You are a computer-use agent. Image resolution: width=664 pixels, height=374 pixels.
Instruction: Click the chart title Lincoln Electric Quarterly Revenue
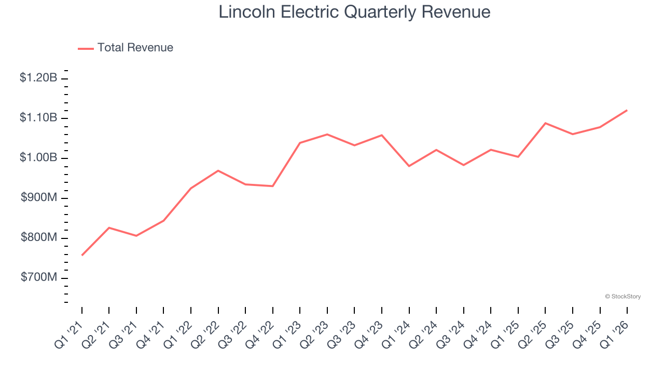coord(354,11)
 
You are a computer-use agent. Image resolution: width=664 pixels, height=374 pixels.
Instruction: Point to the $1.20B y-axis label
coord(38,78)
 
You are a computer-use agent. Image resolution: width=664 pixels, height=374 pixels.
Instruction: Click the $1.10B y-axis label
coord(38,118)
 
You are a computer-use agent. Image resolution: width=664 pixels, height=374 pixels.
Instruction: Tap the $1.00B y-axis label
coord(38,158)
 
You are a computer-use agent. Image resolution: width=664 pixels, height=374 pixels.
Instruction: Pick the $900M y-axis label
coord(39,198)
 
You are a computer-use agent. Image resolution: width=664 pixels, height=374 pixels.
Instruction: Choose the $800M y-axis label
coord(39,238)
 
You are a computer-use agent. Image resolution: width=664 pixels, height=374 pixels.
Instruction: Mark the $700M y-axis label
coord(39,278)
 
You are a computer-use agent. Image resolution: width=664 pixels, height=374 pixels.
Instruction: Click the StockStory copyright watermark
coord(622,297)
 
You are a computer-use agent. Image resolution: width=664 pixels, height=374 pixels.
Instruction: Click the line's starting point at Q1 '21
coord(82,255)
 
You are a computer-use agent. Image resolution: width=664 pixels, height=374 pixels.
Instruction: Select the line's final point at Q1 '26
coord(627,110)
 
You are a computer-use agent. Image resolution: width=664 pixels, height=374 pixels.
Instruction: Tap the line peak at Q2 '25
coord(545,123)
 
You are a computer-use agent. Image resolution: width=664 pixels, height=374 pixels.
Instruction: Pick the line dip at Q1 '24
coord(409,166)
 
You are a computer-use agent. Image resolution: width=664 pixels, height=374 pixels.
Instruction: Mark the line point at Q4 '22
coord(273,186)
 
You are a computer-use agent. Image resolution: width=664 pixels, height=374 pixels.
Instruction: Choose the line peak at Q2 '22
coord(218,170)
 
